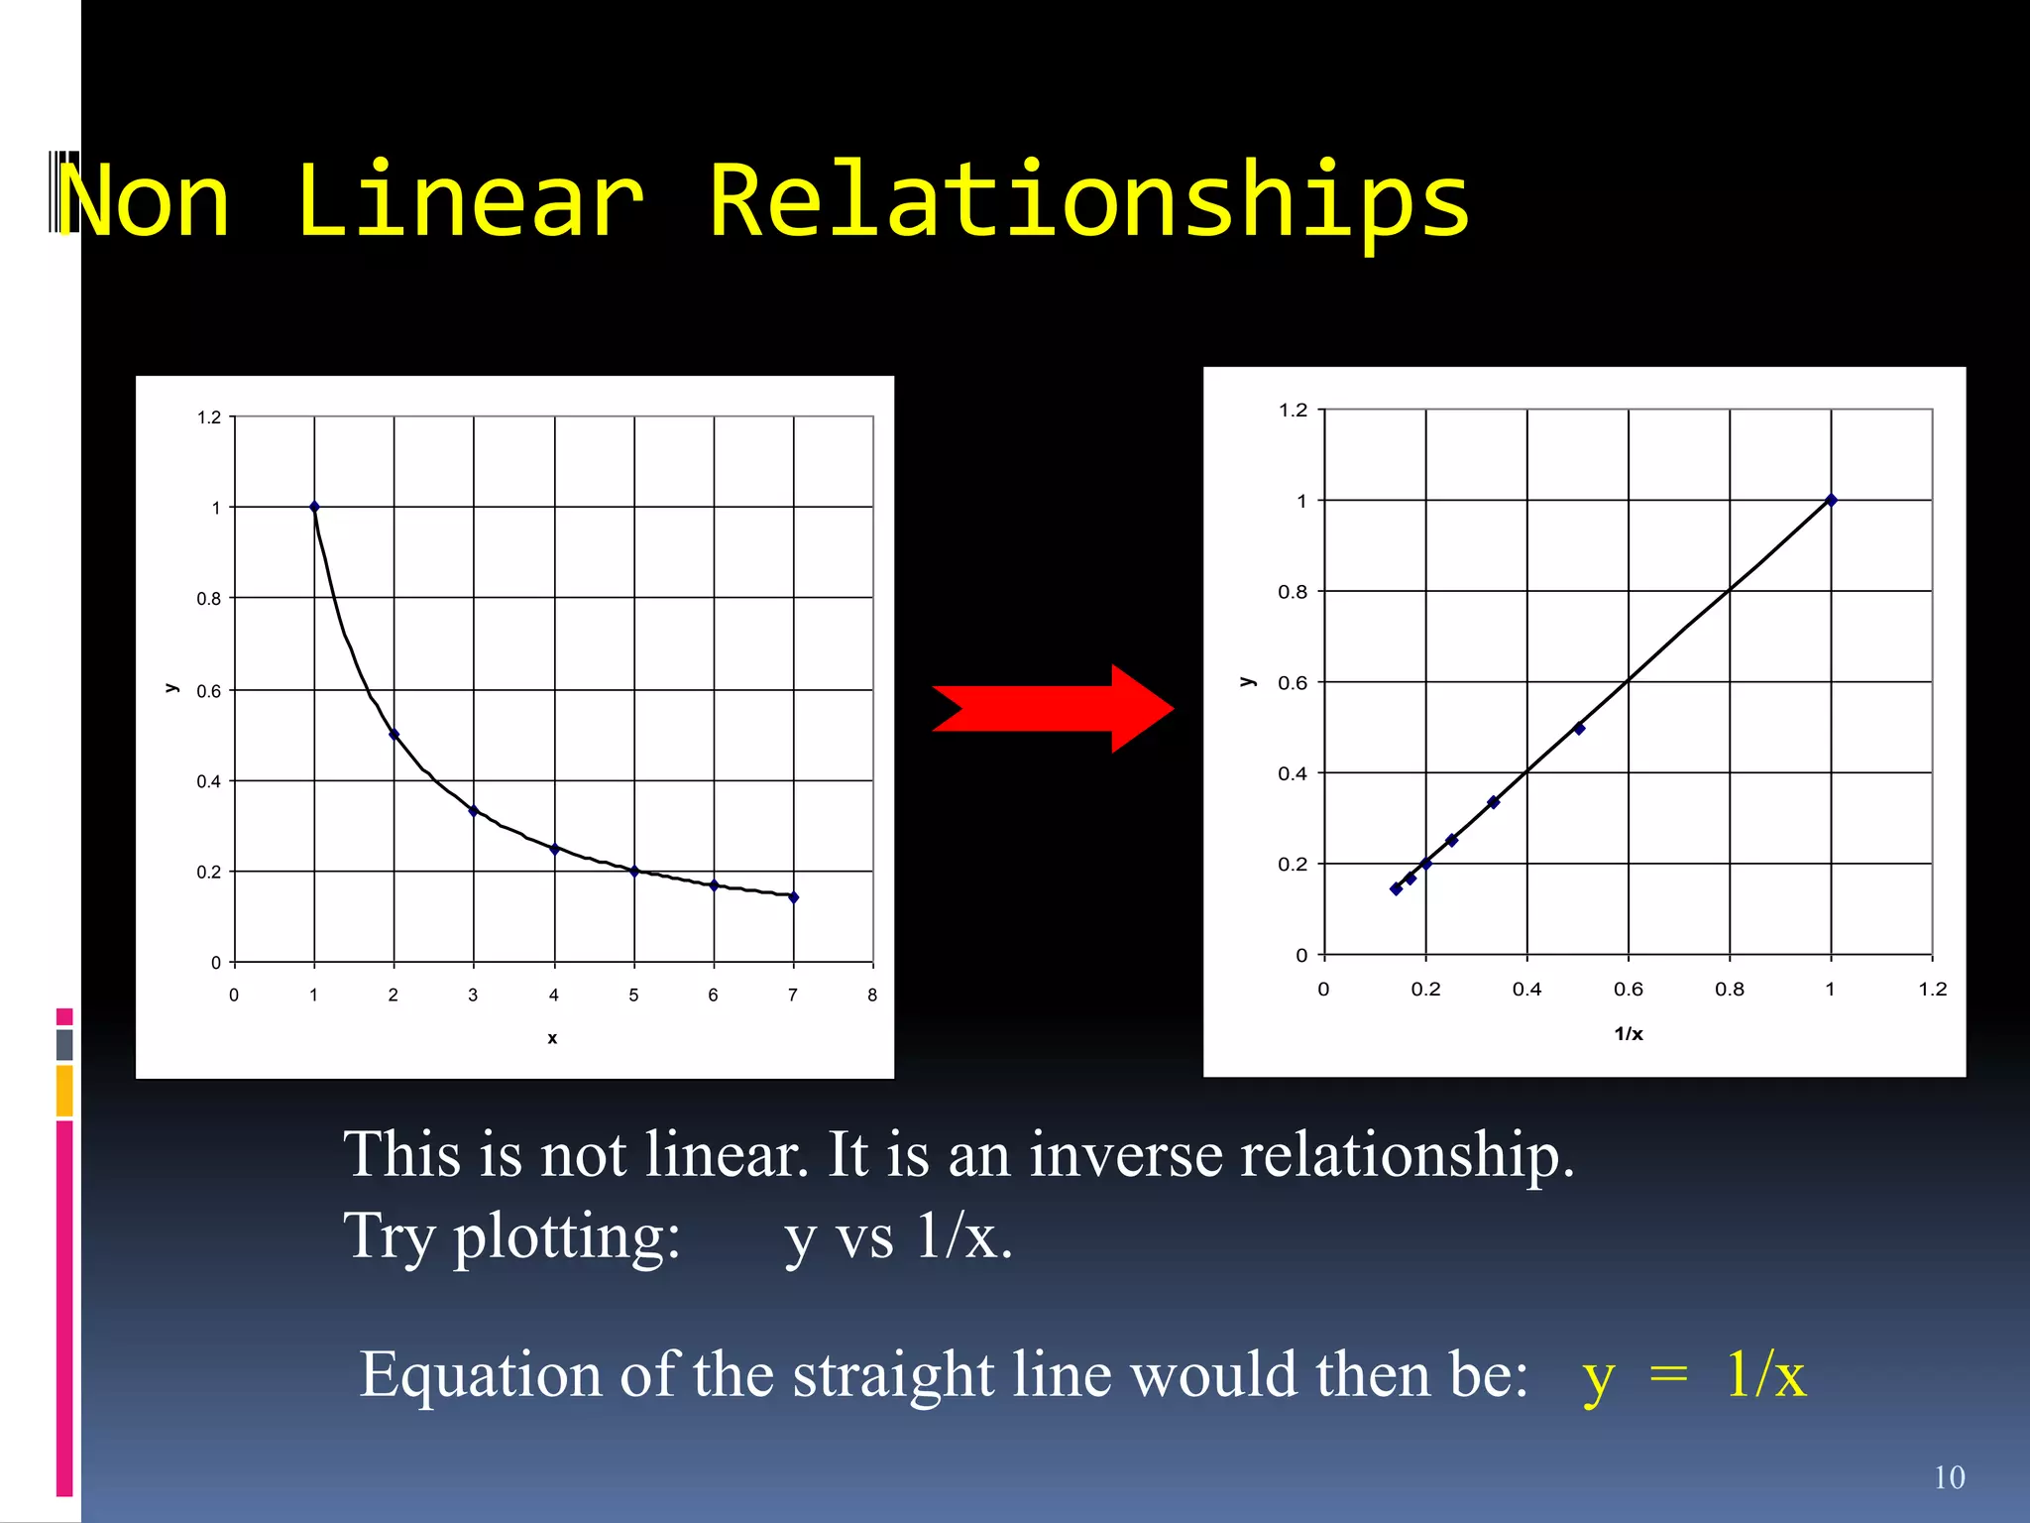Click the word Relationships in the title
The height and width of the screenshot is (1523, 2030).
tap(1088, 201)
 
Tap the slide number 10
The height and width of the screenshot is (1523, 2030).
tap(1949, 1477)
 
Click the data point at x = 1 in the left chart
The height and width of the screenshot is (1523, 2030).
tap(314, 507)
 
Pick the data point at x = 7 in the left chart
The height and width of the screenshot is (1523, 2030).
tap(793, 897)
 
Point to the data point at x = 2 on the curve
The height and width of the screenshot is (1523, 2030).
tap(394, 735)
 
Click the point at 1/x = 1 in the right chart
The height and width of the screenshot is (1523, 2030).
tap(1831, 500)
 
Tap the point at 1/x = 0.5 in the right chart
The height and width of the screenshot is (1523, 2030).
tap(1579, 729)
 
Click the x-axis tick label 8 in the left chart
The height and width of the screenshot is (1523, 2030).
tap(872, 995)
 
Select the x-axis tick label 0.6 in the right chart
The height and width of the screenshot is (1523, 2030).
tap(1628, 989)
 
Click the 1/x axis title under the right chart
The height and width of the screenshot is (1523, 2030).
tap(1628, 1033)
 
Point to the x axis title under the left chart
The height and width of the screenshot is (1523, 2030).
tap(552, 1038)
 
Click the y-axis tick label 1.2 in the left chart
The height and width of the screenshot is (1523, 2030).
tap(209, 417)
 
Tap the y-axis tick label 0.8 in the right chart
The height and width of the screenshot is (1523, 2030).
tap(1292, 592)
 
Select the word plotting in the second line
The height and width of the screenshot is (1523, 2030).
tap(567, 1237)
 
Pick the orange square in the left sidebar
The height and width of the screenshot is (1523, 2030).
tap(64, 1091)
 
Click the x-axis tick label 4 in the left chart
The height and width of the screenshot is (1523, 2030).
tap(553, 995)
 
